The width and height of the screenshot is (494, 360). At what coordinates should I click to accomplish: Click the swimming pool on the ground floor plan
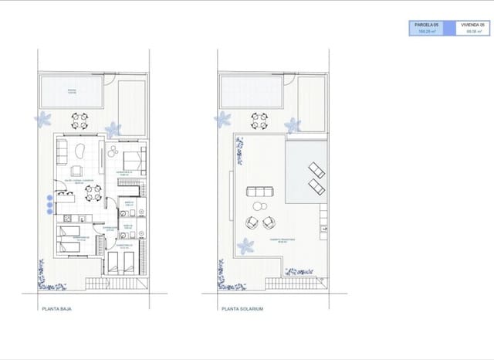(x=72, y=92)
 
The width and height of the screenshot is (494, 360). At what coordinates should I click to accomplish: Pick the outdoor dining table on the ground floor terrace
(x=80, y=121)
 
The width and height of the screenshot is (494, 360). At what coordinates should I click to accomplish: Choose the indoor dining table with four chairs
(x=93, y=196)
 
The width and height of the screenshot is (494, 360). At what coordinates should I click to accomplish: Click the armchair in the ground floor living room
(x=78, y=171)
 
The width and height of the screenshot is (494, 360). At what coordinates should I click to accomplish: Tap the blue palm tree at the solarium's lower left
(x=246, y=246)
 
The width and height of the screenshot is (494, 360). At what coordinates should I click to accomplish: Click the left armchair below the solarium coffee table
(x=252, y=222)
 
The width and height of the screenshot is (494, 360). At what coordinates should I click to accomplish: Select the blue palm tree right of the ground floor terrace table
(x=114, y=129)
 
